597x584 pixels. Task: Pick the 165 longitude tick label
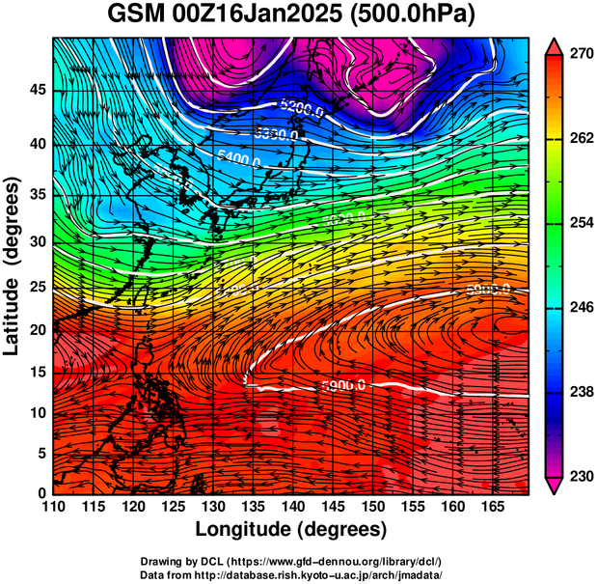click(498, 507)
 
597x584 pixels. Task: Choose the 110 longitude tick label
click(53, 507)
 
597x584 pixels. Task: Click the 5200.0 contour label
click(301, 109)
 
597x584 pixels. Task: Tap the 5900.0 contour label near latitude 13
click(343, 386)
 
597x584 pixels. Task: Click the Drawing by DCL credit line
click(290, 562)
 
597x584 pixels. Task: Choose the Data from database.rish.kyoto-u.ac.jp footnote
click(290, 574)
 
